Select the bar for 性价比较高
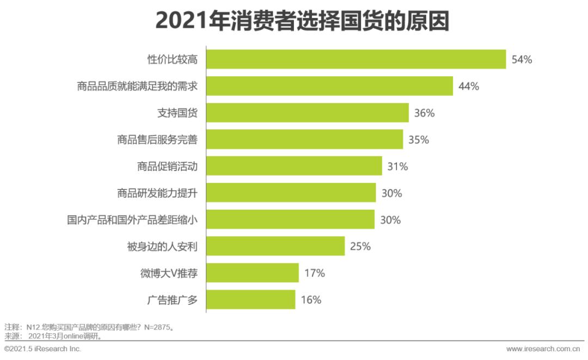coord(356,59)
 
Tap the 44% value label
coord(468,86)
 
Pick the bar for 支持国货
coord(308,113)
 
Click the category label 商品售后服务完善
coord(157,139)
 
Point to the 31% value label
coord(397,166)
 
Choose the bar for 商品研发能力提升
coord(291,193)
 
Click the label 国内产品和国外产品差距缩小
coord(132,219)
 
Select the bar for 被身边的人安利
coord(275,246)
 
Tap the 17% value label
coord(314,273)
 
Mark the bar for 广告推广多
coord(251,300)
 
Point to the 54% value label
coord(521,59)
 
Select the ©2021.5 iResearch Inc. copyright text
coord(42,349)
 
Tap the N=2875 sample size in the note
coord(160,327)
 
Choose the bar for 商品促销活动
coord(294,166)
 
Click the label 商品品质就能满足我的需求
coord(137,86)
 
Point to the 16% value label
coord(311,300)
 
